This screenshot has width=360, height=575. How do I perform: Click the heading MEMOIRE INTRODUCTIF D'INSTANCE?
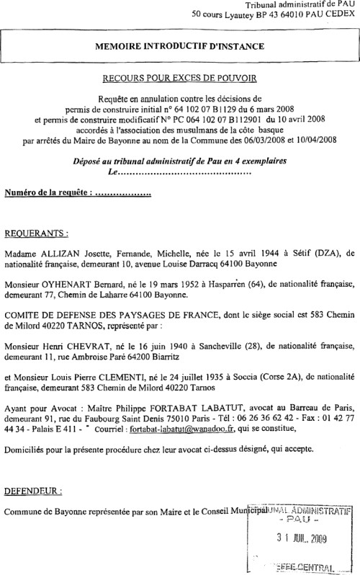pos(181,47)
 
